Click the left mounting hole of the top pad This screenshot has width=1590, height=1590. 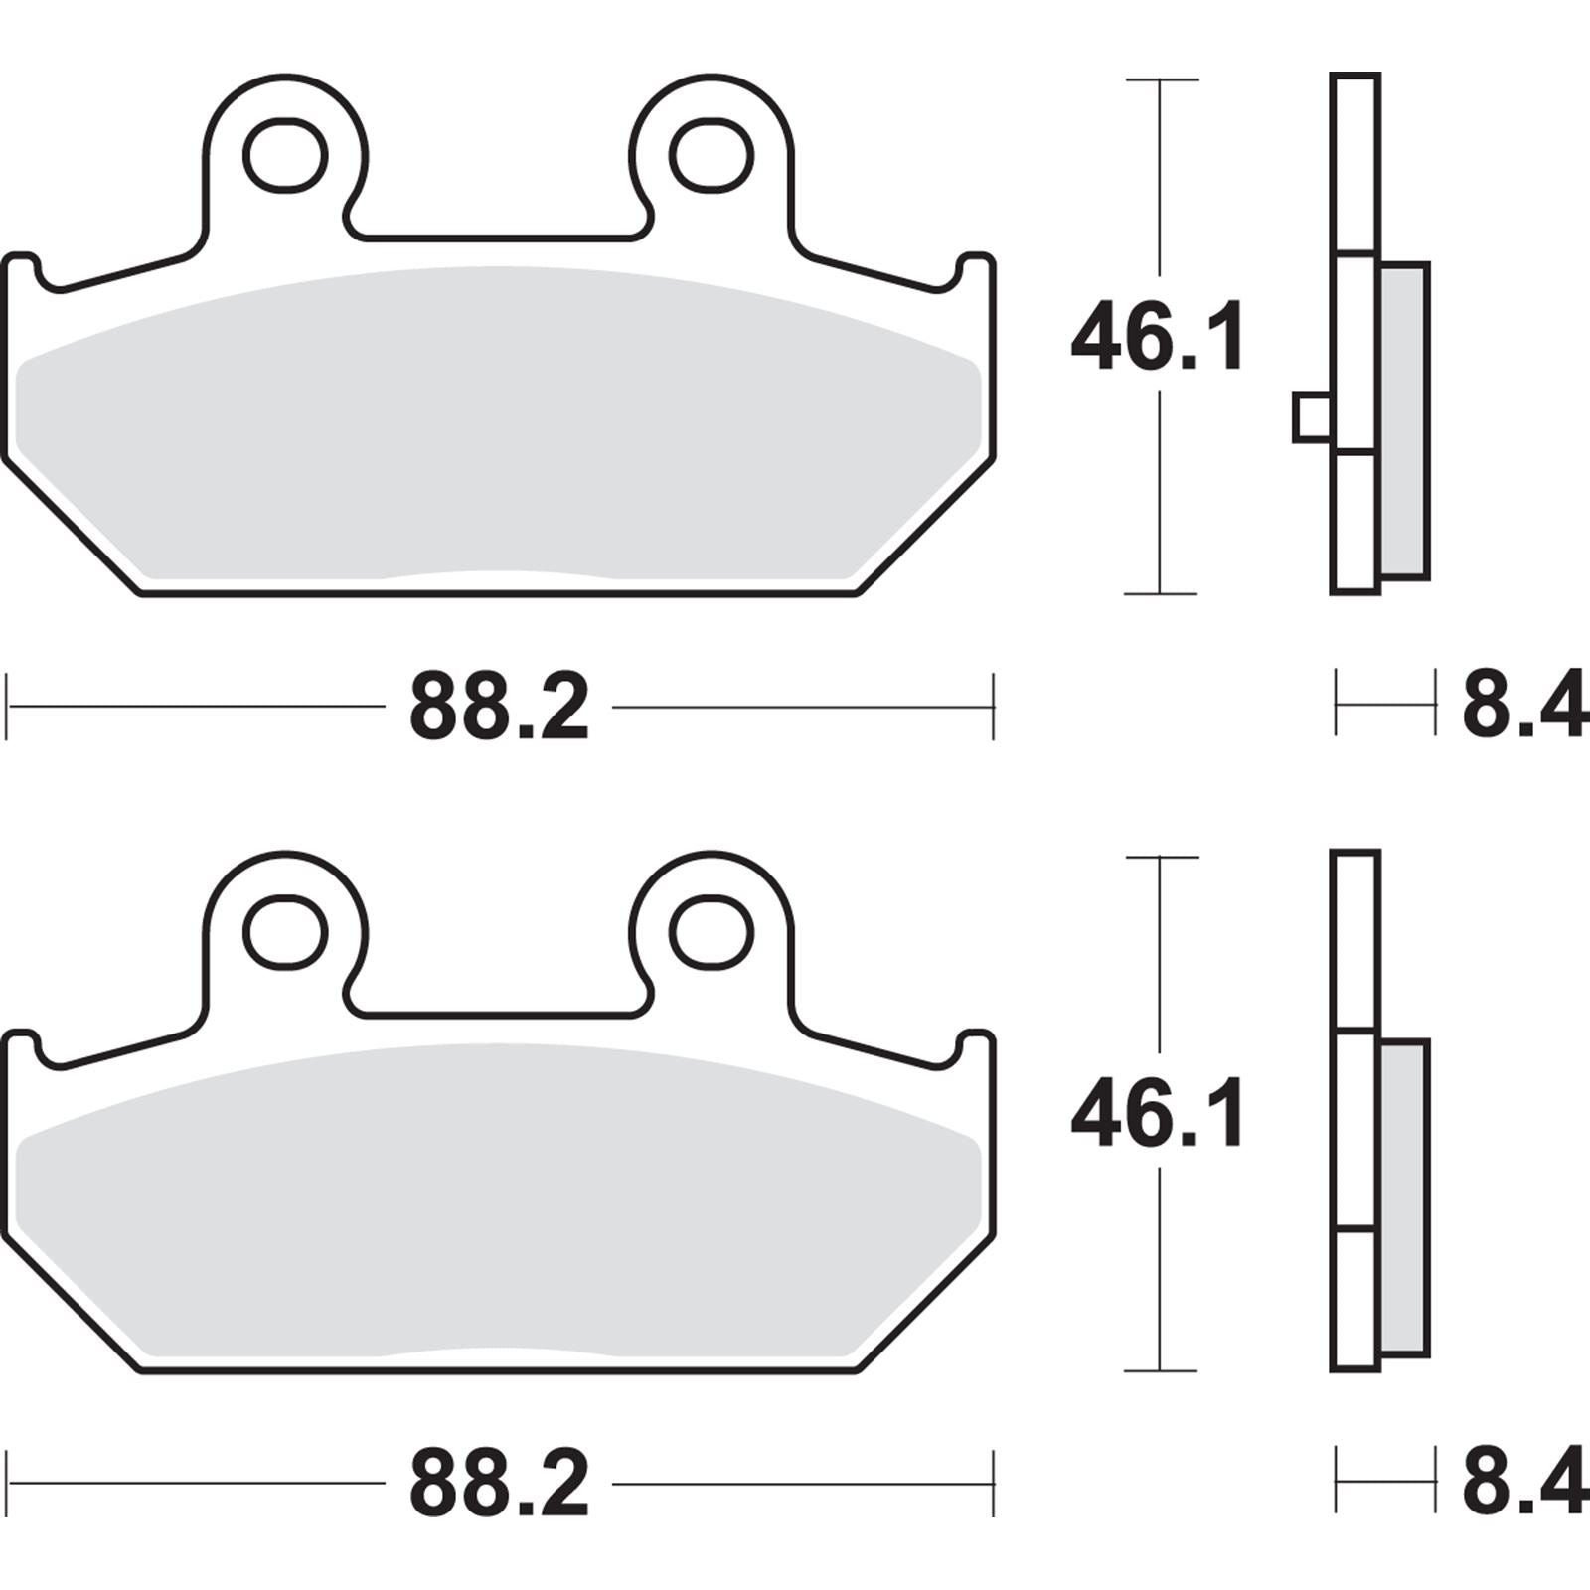pos(285,156)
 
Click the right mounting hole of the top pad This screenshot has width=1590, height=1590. pos(711,156)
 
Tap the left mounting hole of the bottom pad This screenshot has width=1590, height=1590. pos(285,933)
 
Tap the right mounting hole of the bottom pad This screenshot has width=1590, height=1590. pos(711,933)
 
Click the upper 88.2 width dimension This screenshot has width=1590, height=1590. pos(499,709)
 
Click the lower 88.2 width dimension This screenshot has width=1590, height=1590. pos(499,1486)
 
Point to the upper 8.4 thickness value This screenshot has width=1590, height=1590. pos(1522,707)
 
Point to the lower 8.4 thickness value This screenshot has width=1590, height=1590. pos(1522,1484)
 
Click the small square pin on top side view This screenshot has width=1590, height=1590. pos(1311,417)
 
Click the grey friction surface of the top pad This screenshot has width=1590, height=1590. pos(497,427)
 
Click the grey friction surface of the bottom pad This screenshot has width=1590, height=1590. pos(497,1204)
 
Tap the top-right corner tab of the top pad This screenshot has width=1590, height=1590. pos(976,273)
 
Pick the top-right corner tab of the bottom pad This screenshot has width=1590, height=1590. pos(976,1050)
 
